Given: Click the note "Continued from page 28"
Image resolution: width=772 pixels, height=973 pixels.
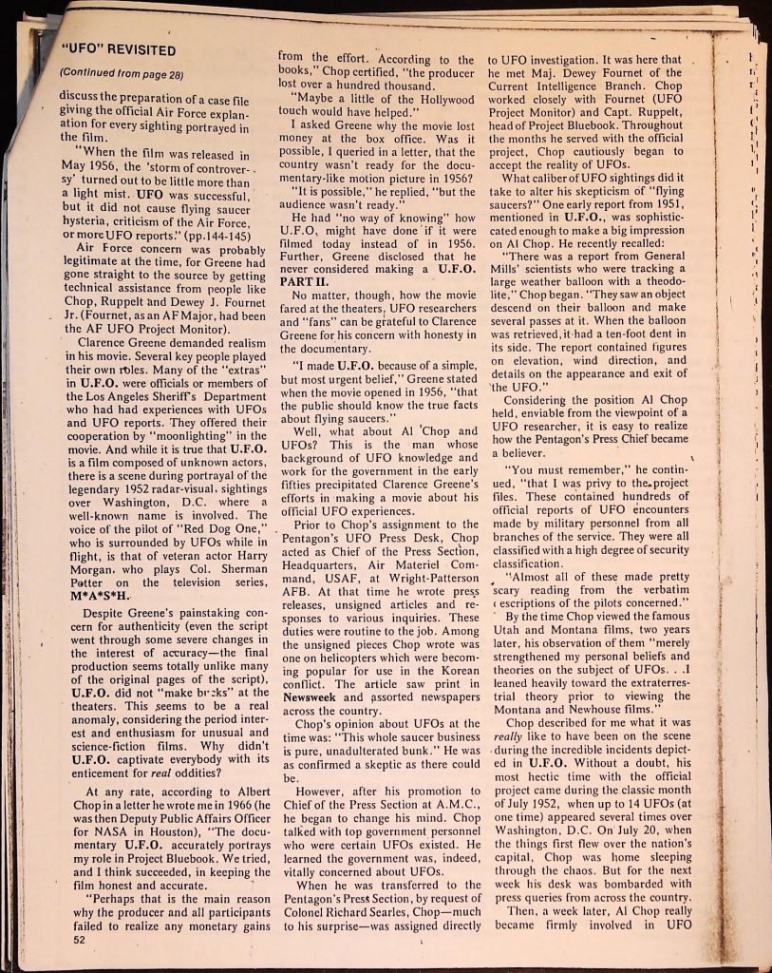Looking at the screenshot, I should click(121, 73).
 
